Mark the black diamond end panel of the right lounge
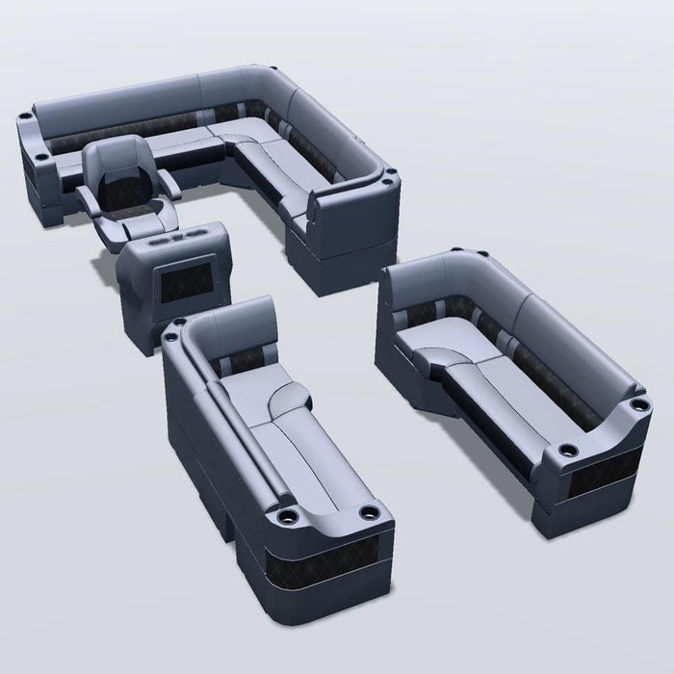click(x=599, y=479)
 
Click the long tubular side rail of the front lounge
click(x=231, y=414)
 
